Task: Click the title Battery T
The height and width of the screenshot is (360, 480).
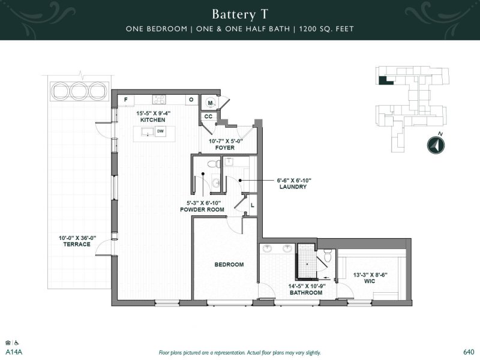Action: pyautogui.click(x=239, y=13)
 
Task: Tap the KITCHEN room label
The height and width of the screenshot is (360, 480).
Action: pyautogui.click(x=152, y=120)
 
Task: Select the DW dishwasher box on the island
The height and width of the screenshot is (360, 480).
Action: pyautogui.click(x=160, y=131)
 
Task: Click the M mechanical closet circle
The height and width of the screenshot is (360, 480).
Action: pyautogui.click(x=210, y=102)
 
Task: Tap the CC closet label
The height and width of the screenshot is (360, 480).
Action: pyautogui.click(x=208, y=116)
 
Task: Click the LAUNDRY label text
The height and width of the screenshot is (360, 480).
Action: pyautogui.click(x=292, y=187)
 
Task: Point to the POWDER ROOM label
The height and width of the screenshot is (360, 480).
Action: pyautogui.click(x=202, y=210)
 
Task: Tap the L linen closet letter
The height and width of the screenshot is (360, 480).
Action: pyautogui.click(x=252, y=206)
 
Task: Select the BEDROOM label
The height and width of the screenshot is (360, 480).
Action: pyautogui.click(x=229, y=265)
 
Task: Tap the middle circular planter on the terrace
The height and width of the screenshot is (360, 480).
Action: pyautogui.click(x=78, y=90)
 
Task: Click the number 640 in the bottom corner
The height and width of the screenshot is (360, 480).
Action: pyautogui.click(x=469, y=352)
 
